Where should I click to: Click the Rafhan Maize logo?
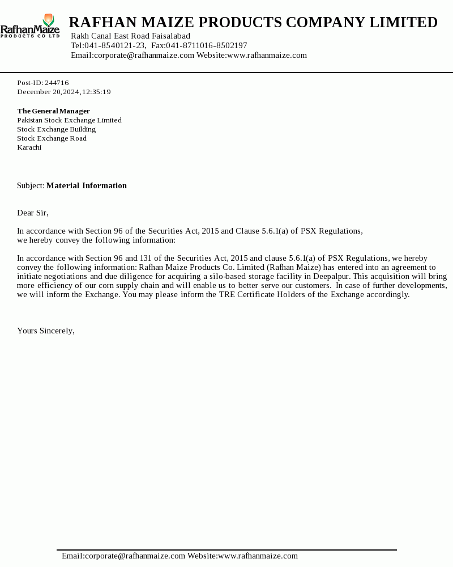pos(30,26)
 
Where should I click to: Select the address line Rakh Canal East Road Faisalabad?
pos(130,36)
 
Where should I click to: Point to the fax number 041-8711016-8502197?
pos(207,46)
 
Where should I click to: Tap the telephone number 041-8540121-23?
pos(115,46)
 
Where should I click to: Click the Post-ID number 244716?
pos(57,83)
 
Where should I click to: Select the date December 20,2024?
pos(48,92)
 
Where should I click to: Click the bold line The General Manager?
pos(53,111)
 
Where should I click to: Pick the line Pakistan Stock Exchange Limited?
pos(69,120)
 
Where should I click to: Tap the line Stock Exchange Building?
pos(56,129)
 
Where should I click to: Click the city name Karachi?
pos(29,147)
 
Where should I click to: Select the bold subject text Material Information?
pos(86,186)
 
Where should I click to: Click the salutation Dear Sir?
pos(32,213)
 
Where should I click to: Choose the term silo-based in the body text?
pos(221,277)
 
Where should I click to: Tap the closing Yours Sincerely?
pos(45,331)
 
